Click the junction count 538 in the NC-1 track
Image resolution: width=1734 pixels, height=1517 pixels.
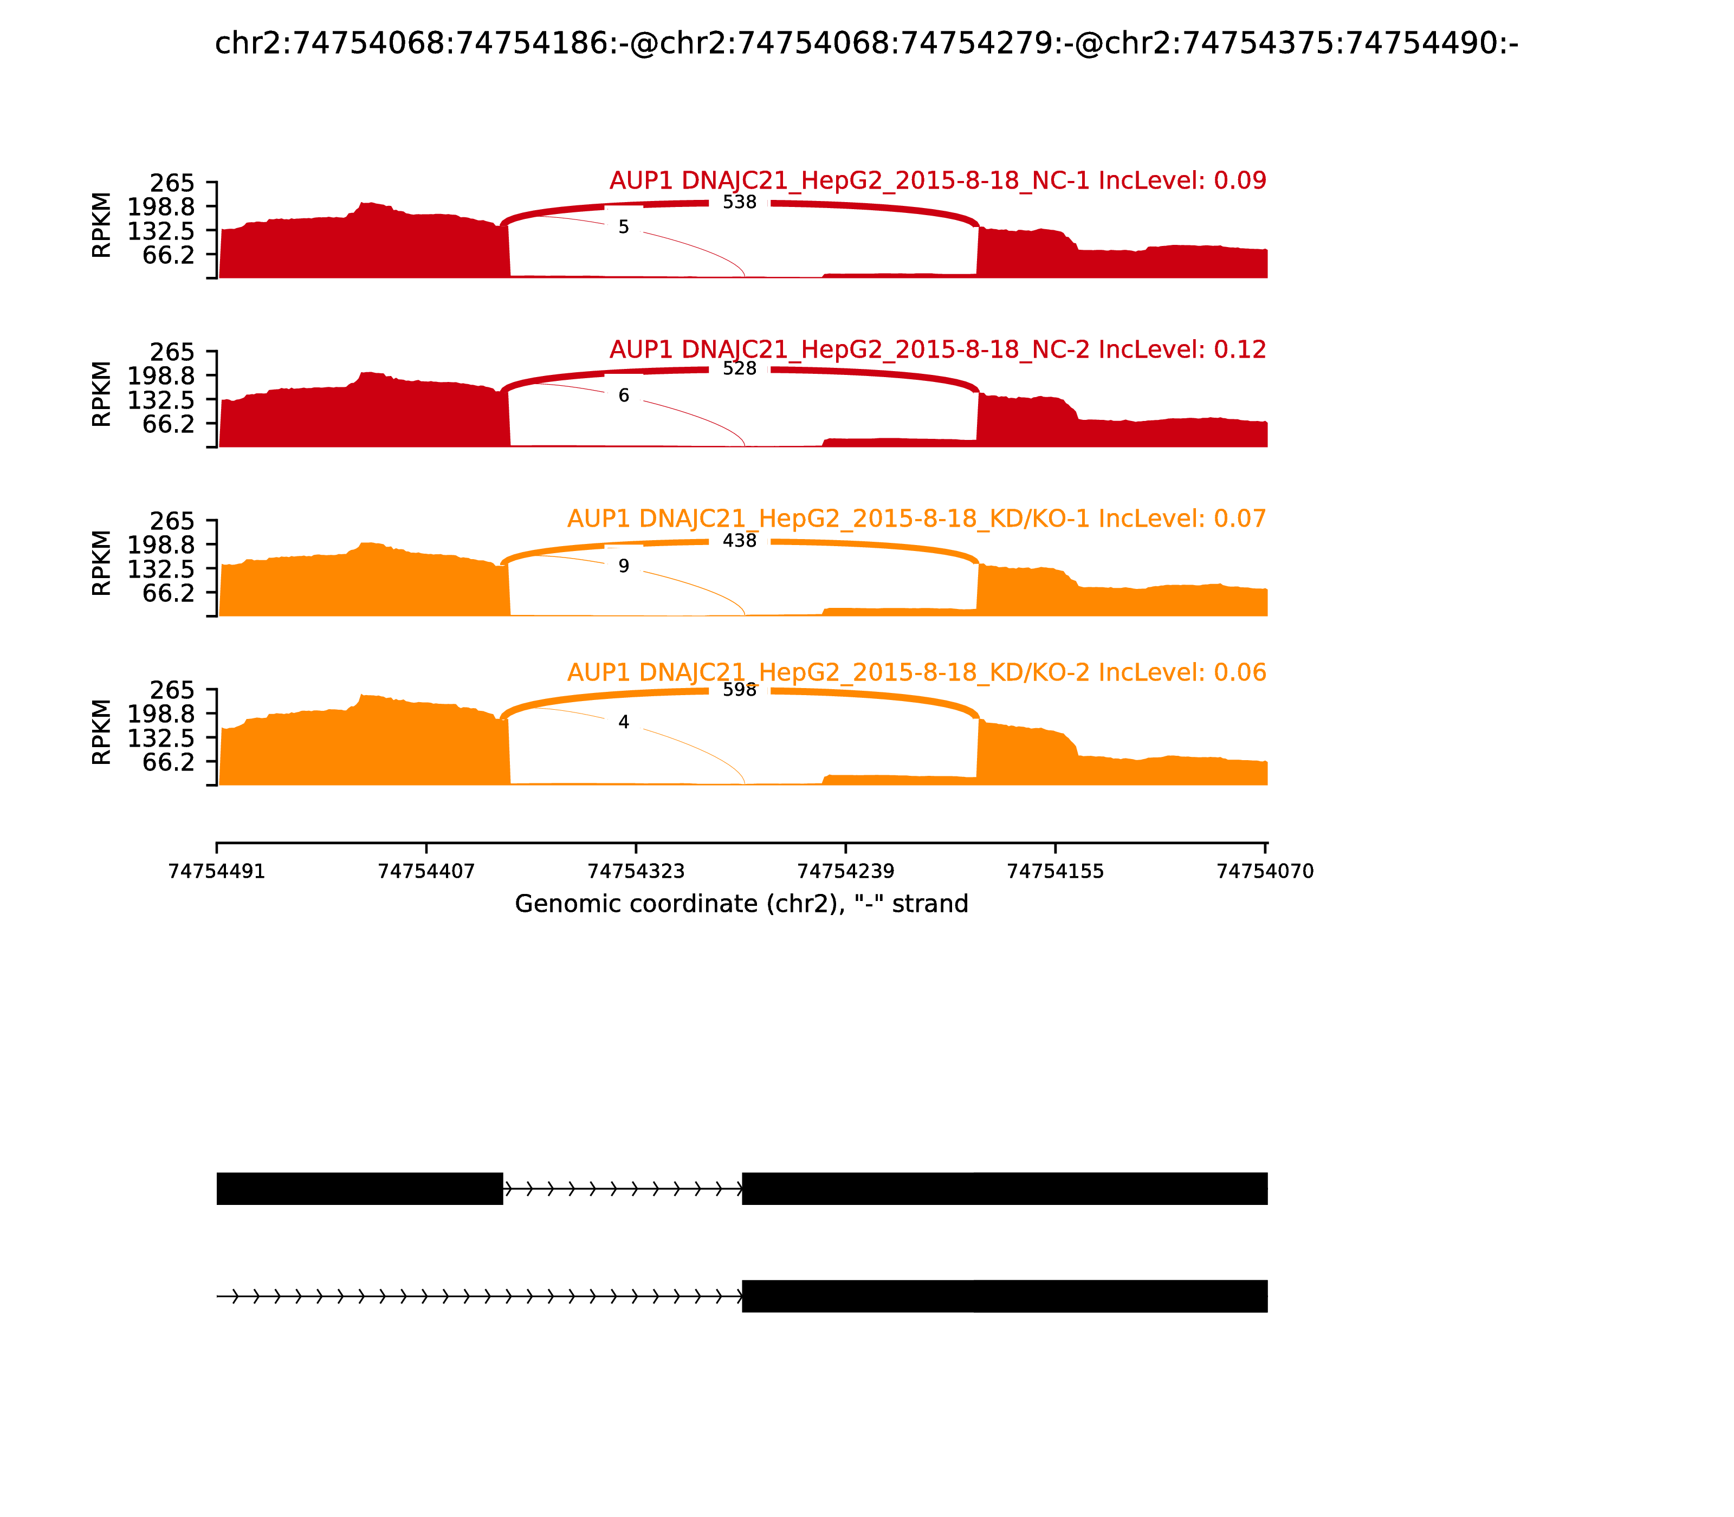tap(739, 202)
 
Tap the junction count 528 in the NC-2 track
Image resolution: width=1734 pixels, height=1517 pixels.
tap(739, 369)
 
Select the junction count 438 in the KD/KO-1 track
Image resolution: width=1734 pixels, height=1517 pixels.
tap(739, 541)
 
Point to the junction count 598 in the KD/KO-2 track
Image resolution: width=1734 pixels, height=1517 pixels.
tap(739, 690)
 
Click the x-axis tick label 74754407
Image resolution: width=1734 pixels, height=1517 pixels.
tap(426, 871)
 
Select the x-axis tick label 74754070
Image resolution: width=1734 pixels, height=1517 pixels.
tap(1265, 871)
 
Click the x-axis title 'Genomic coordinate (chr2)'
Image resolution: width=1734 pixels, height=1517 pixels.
tap(741, 904)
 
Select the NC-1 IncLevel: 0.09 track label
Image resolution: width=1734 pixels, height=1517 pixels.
tap(937, 180)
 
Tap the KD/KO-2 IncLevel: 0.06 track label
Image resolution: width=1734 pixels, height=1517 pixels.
tap(916, 672)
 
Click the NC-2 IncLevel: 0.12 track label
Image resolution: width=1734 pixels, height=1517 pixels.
tap(937, 349)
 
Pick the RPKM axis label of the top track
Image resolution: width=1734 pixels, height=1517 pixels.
tap(102, 225)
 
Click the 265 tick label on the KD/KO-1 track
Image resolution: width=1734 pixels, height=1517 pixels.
tap(172, 521)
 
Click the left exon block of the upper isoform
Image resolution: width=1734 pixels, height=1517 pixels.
tap(360, 1189)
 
